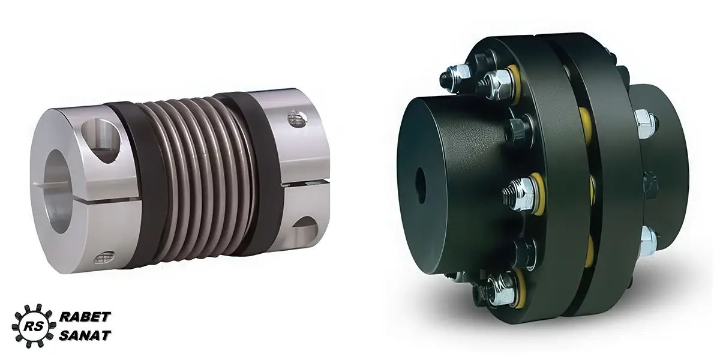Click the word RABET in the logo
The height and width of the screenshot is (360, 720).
point(85,317)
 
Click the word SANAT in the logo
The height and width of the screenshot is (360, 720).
point(85,335)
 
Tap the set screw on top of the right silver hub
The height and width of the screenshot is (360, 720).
point(297,118)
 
